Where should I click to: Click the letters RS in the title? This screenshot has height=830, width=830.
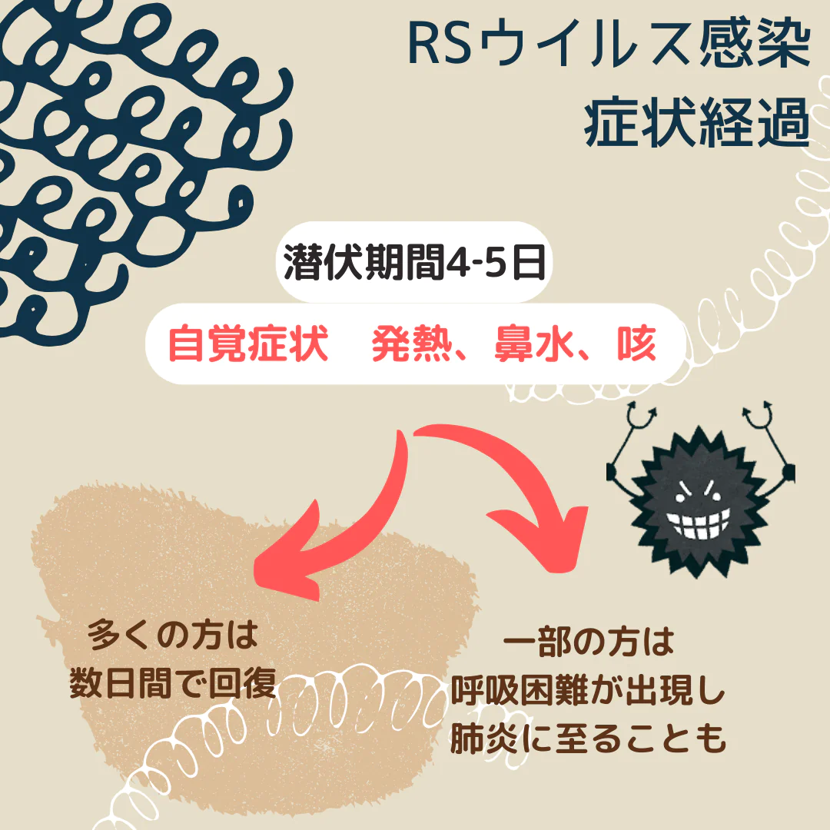pos(439,45)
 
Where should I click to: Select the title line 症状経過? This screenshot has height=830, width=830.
pos(697,122)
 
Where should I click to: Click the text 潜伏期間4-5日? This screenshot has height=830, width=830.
pos(414,262)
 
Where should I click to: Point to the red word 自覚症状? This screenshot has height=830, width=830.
pos(247,344)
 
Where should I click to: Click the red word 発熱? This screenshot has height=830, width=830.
pos(410,344)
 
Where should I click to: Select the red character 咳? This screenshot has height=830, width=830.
pos(637,344)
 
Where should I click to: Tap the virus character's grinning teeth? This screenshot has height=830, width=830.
pos(698,523)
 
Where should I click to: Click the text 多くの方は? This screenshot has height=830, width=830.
pos(173,635)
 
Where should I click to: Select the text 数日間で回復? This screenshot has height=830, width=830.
pos(173,683)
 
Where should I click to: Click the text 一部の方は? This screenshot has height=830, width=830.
pos(588,642)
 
